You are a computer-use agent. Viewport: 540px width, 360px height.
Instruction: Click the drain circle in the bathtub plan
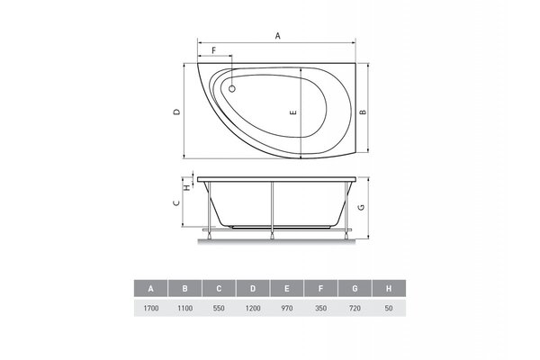click(x=232, y=89)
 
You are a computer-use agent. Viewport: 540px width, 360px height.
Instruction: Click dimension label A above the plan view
click(x=277, y=36)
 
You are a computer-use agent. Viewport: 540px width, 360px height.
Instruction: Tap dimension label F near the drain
click(x=213, y=50)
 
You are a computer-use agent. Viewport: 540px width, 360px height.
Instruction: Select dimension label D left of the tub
click(x=176, y=112)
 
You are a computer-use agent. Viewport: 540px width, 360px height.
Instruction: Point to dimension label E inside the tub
click(x=293, y=112)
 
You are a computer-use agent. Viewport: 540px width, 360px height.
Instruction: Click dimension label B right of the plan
click(x=363, y=112)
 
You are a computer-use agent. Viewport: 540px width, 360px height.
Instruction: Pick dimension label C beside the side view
click(x=176, y=202)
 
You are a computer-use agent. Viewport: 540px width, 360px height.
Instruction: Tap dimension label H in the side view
click(x=186, y=187)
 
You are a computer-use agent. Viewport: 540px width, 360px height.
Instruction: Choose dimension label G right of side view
click(x=361, y=207)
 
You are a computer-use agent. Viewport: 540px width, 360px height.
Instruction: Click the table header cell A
click(x=151, y=288)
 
